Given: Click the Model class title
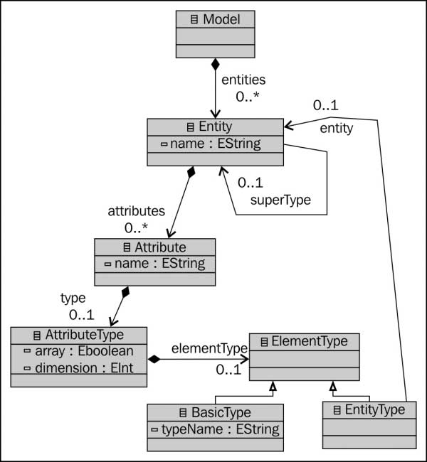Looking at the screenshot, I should pyautogui.click(x=214, y=20).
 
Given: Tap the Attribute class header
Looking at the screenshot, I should pyautogui.click(x=154, y=247).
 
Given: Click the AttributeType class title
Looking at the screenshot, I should pyautogui.click(x=78, y=335).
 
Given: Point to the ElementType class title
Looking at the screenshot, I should pyautogui.click(x=304, y=342).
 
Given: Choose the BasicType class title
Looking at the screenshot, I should pyautogui.click(x=215, y=412).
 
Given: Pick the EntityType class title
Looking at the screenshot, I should pyautogui.click(x=369, y=409).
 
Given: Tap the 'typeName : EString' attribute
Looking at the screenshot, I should pyautogui.click(x=216, y=429).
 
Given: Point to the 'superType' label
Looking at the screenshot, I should pyautogui.click(x=280, y=200).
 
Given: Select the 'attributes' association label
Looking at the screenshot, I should pyautogui.click(x=136, y=211).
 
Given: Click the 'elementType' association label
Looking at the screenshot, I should pyautogui.click(x=209, y=348).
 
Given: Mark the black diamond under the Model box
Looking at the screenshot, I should pyautogui.click(x=214, y=65).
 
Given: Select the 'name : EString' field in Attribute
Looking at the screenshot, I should pyautogui.click(x=154, y=264).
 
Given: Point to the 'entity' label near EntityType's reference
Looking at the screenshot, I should pyautogui.click(x=336, y=128).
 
